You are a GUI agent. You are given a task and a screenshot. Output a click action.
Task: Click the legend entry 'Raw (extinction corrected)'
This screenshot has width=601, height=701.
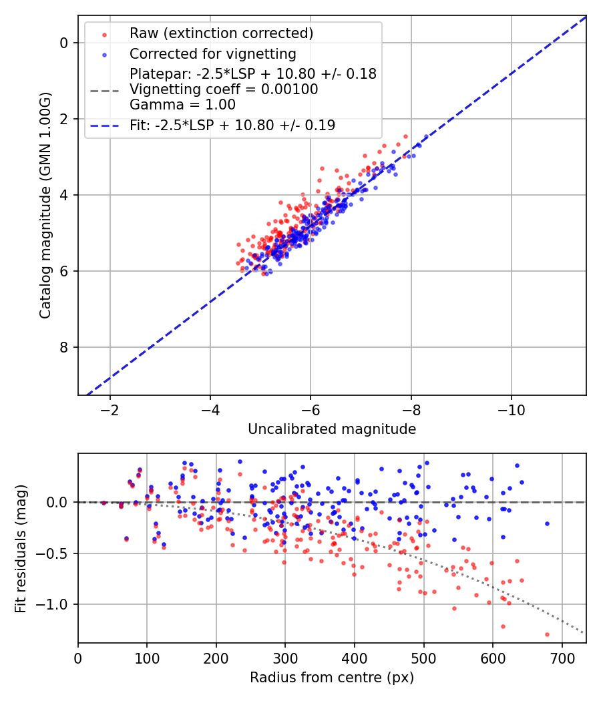click(221, 33)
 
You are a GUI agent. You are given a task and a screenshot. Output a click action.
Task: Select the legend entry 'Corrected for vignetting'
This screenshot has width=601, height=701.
click(212, 53)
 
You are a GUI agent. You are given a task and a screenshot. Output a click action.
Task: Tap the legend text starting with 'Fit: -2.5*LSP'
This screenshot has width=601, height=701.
click(232, 125)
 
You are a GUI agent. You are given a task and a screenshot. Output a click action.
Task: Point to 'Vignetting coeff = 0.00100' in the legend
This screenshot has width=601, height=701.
click(224, 89)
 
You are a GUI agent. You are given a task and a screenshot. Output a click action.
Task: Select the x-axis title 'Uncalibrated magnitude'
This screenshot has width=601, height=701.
click(332, 429)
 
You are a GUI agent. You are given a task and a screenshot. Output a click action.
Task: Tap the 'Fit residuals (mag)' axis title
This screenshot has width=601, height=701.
click(21, 548)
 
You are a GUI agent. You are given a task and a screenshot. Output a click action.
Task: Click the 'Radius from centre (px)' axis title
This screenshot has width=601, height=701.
click(332, 678)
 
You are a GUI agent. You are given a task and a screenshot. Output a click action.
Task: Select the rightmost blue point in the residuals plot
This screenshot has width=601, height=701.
click(547, 523)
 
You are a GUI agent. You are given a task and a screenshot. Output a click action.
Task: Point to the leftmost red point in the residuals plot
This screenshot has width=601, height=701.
click(104, 503)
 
